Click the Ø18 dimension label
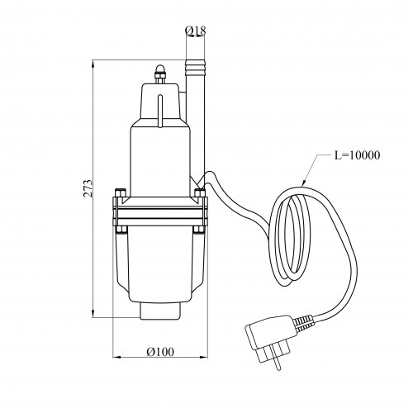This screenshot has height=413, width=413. tap(196, 31)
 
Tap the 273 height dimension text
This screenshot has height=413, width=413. tap(88, 188)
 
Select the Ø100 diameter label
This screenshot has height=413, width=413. tap(160, 352)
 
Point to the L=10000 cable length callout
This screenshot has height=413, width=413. tap(357, 155)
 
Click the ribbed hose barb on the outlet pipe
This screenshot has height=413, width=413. tap(196, 67)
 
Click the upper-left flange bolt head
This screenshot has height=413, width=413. tap(120, 192)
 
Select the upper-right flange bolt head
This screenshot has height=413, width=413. tap(200, 192)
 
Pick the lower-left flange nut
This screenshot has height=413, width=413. tap(121, 230)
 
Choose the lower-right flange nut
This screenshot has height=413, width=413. tap(199, 230)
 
